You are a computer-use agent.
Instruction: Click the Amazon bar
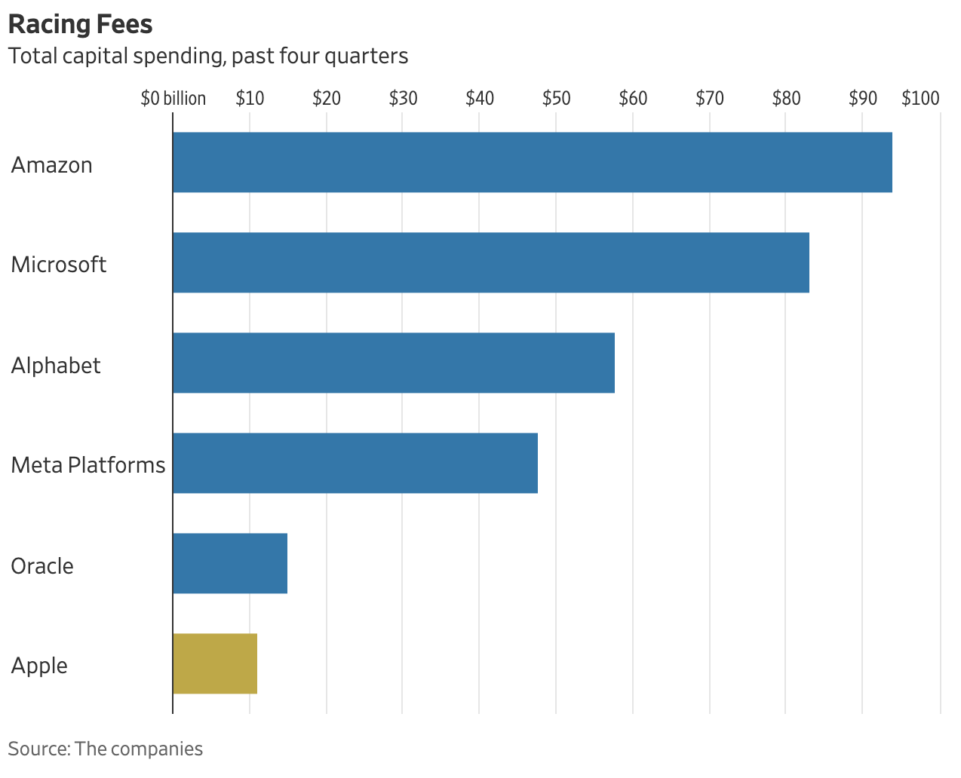tap(533, 162)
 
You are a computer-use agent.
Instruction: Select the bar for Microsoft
tap(491, 262)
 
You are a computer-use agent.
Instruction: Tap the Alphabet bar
tap(394, 363)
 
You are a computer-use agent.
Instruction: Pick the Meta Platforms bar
tap(355, 463)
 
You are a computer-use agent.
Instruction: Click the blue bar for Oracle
tap(230, 563)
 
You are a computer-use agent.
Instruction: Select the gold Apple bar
tap(215, 663)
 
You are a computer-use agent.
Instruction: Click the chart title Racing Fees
tap(80, 24)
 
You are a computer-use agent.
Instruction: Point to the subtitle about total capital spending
tap(208, 57)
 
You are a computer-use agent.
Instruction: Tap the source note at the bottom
tap(106, 749)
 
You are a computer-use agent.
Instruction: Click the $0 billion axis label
tap(173, 99)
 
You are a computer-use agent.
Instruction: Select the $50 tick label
tap(556, 99)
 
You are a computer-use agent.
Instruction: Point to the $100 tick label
tap(920, 99)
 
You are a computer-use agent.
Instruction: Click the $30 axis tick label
tap(403, 99)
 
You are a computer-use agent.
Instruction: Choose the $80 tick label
tap(786, 99)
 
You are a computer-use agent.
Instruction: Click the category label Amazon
tap(52, 165)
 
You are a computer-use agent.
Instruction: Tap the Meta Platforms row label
tap(88, 465)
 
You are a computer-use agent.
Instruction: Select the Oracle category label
tap(42, 566)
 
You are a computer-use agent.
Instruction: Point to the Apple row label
tap(39, 666)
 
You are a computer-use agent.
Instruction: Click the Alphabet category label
tap(56, 366)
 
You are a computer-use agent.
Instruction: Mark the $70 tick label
tap(709, 99)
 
